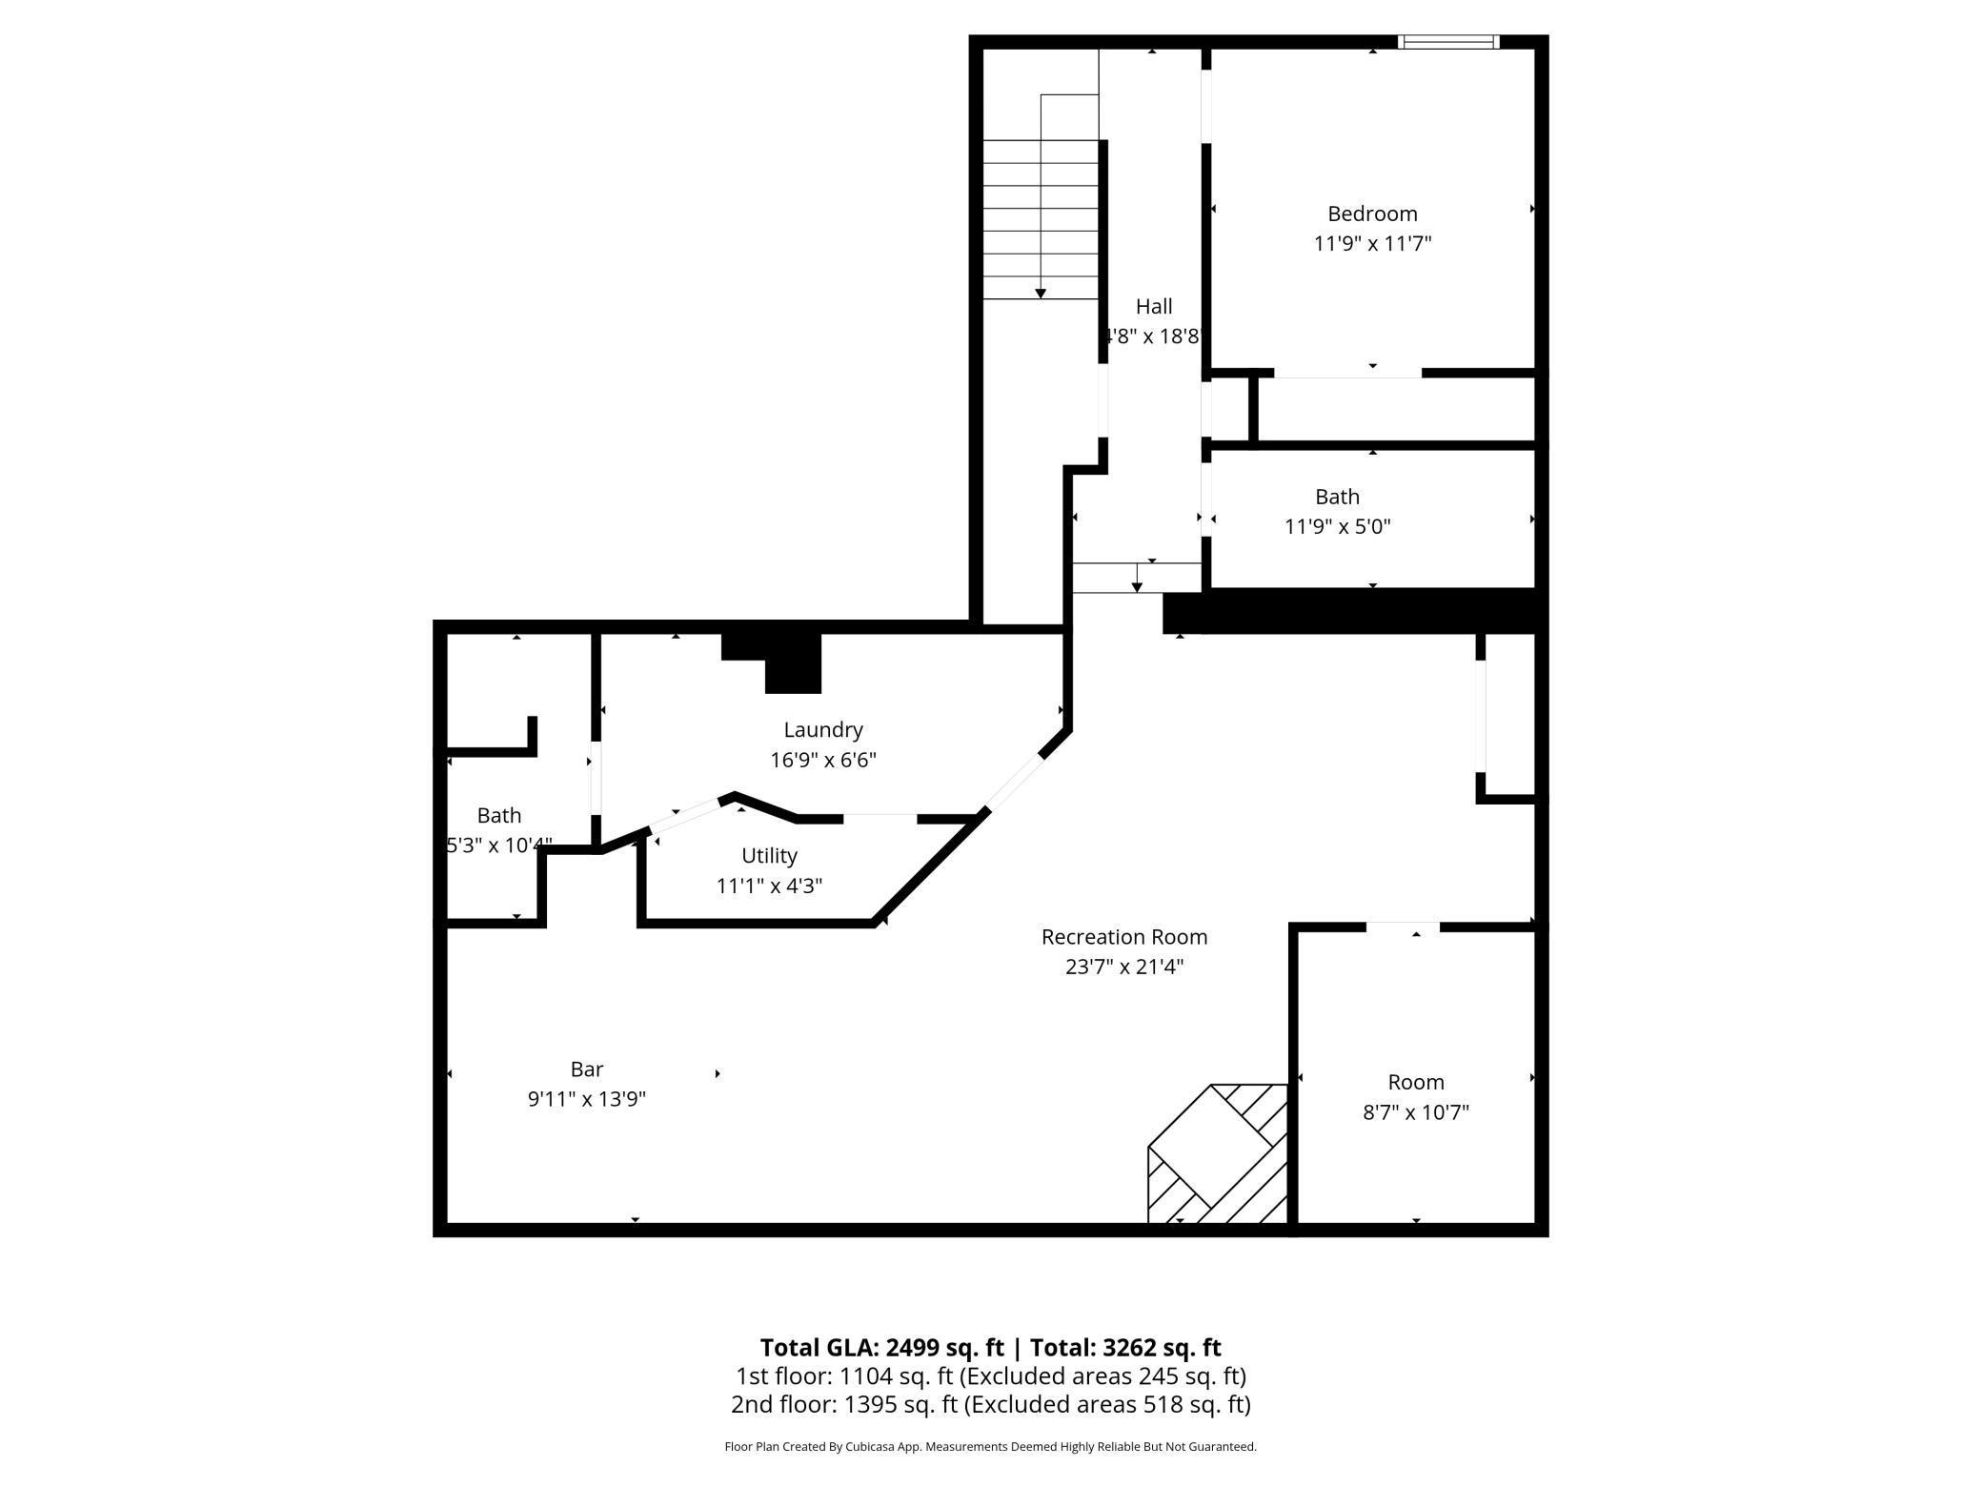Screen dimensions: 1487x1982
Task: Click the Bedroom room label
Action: [1372, 214]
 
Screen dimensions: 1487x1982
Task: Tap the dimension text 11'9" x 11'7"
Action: [1372, 244]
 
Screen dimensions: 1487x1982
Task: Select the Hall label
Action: [1153, 307]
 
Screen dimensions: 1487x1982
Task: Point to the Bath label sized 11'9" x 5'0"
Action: [1337, 497]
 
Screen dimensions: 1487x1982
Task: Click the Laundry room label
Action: [823, 730]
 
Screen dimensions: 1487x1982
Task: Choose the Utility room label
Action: [769, 856]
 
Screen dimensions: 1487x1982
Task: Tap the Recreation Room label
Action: [1124, 937]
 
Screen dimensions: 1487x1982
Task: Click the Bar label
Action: [587, 1069]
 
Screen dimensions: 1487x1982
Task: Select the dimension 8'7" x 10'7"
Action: [1416, 1112]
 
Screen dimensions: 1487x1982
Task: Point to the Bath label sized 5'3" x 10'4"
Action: [498, 816]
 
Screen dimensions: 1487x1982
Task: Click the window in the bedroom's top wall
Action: [1448, 42]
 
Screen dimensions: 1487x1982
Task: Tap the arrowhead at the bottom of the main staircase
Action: [1041, 294]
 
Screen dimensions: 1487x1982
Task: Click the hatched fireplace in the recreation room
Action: [1218, 1155]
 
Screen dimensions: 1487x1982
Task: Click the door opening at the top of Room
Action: [1403, 927]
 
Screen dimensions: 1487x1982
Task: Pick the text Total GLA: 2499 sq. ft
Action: [881, 1348]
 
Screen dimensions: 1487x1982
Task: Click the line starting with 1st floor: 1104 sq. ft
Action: [990, 1376]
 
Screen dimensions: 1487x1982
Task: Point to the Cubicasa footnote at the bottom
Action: [990, 1447]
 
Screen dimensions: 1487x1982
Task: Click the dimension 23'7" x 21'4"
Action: [1124, 968]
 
